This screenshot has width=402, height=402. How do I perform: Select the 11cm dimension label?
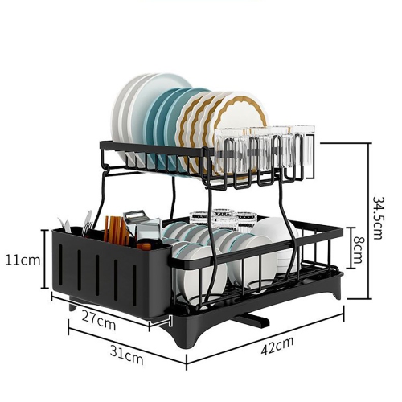tap(22, 260)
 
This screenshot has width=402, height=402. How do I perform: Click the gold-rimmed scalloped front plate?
tap(239, 121)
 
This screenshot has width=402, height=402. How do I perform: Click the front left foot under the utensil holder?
tap(75, 307)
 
